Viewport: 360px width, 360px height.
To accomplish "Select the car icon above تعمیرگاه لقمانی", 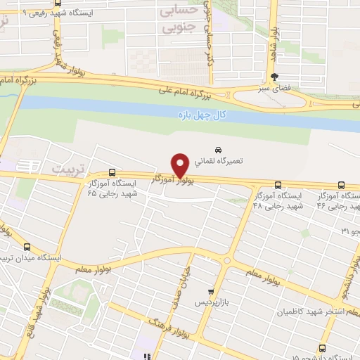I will tap(219, 150).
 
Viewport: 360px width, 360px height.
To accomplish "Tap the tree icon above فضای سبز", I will tap(275, 78).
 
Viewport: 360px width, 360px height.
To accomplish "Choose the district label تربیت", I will tap(67, 169).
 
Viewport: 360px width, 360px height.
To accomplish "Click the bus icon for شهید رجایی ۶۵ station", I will tap(112, 173).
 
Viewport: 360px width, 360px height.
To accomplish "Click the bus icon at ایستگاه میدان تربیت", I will tap(27, 247).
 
